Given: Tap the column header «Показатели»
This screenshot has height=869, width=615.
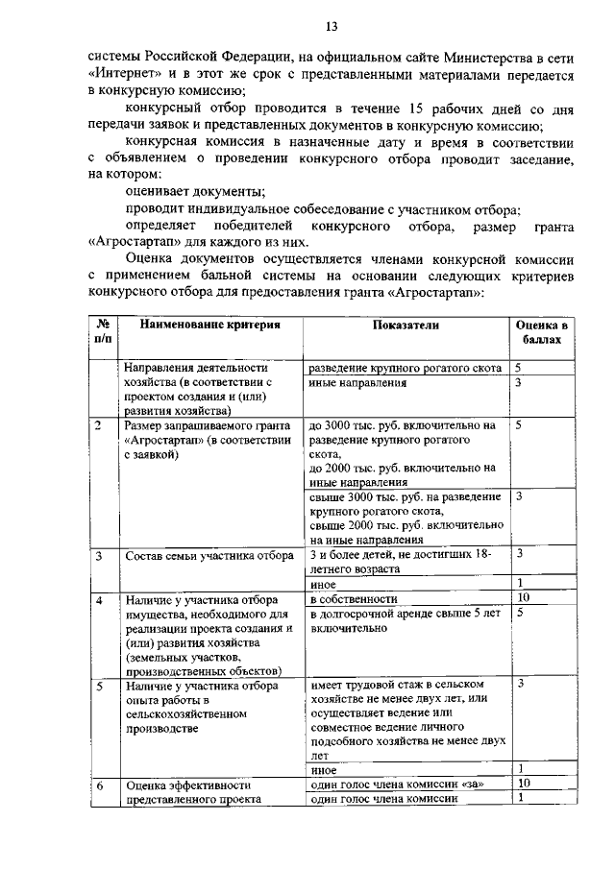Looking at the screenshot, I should click(406, 325).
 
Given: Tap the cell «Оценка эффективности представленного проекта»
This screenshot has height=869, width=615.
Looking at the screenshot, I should click(193, 792).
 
